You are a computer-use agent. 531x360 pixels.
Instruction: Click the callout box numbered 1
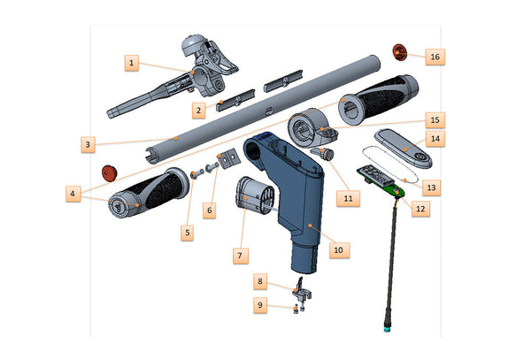[x=131, y=63]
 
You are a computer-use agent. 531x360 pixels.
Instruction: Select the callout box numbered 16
[x=435, y=57]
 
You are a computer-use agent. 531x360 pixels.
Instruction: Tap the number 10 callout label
[x=339, y=250]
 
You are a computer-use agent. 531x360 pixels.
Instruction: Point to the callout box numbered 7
[x=241, y=256]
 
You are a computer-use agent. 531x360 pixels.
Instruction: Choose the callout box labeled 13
[x=431, y=188]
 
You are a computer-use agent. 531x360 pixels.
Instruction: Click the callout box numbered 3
[x=88, y=144]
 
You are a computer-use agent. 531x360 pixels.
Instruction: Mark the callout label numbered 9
[x=260, y=305]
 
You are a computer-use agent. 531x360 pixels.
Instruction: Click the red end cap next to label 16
[x=399, y=52]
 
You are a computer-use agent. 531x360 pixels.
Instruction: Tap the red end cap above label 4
[x=110, y=172]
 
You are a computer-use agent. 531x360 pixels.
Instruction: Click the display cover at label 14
[x=403, y=148]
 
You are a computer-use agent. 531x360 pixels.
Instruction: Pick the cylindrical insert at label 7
[x=255, y=195]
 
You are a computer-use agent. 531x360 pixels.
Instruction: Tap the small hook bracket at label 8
[x=301, y=292]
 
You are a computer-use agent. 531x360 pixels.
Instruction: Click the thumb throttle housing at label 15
[x=311, y=128]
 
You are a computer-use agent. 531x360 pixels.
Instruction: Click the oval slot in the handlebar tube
[x=268, y=111]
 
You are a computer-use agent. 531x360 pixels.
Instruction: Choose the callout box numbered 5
[x=188, y=233]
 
